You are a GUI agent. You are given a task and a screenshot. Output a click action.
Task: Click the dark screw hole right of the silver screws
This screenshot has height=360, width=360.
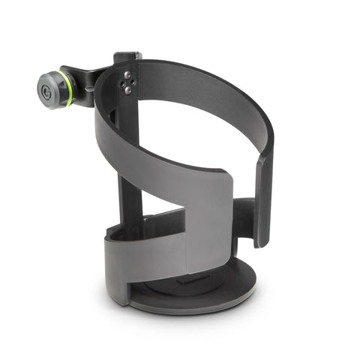pos(135,82)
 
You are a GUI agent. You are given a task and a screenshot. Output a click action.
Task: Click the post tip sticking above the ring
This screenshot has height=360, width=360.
pos(124,55)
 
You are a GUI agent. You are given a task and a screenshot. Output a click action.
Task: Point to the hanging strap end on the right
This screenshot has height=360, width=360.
pos(263,202)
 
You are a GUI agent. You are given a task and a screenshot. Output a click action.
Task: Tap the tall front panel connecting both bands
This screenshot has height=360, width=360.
pos(210,225)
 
